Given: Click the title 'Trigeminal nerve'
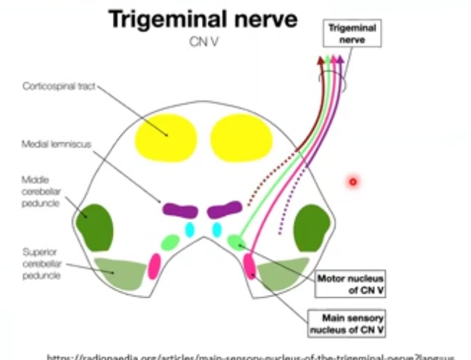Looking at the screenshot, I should click(x=203, y=20).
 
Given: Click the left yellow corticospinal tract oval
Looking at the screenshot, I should click(x=169, y=135).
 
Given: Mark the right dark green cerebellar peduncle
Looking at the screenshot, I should click(x=313, y=227).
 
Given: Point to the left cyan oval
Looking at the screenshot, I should click(x=190, y=230).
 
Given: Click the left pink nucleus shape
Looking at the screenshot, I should click(x=153, y=265).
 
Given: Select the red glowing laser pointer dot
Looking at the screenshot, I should click(x=353, y=181).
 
